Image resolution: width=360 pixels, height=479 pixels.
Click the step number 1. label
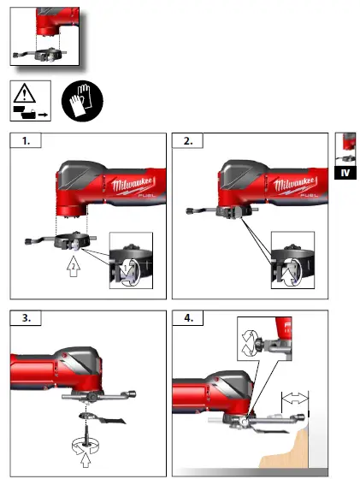click(27, 141)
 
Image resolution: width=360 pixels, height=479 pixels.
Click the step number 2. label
click(188, 141)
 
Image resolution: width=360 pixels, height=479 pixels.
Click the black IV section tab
click(345, 173)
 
